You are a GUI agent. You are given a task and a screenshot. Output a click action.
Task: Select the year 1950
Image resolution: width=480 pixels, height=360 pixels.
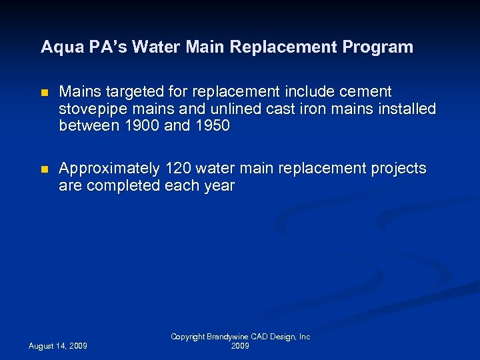[x=212, y=126]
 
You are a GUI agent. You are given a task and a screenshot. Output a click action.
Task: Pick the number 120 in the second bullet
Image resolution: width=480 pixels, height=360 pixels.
[x=177, y=169]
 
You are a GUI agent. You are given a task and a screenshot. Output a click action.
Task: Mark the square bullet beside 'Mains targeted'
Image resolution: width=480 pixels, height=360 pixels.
[x=45, y=92]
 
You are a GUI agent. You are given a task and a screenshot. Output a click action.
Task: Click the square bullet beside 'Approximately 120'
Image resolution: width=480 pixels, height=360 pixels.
[x=45, y=169]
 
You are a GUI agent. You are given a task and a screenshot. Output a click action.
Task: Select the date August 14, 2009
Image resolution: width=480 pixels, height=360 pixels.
[x=57, y=346]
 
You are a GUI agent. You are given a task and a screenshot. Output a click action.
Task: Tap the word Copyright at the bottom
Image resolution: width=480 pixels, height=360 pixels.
[x=187, y=337]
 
